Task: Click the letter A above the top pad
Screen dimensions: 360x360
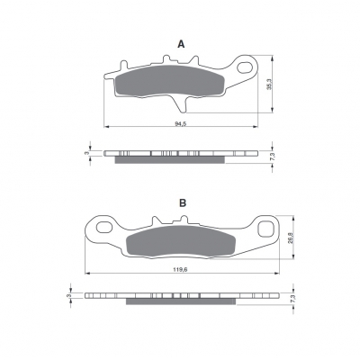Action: point(181,44)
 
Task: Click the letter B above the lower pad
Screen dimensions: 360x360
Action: point(183,203)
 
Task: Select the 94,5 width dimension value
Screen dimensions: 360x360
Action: point(180,123)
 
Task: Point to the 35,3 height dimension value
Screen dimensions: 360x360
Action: point(269,84)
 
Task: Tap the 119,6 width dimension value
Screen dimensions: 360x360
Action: point(180,269)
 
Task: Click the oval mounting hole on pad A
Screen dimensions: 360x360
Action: point(245,67)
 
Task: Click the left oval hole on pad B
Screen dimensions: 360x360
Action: point(104,228)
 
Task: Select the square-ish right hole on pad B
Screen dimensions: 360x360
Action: point(265,229)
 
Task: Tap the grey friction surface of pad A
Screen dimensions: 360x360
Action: point(170,81)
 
